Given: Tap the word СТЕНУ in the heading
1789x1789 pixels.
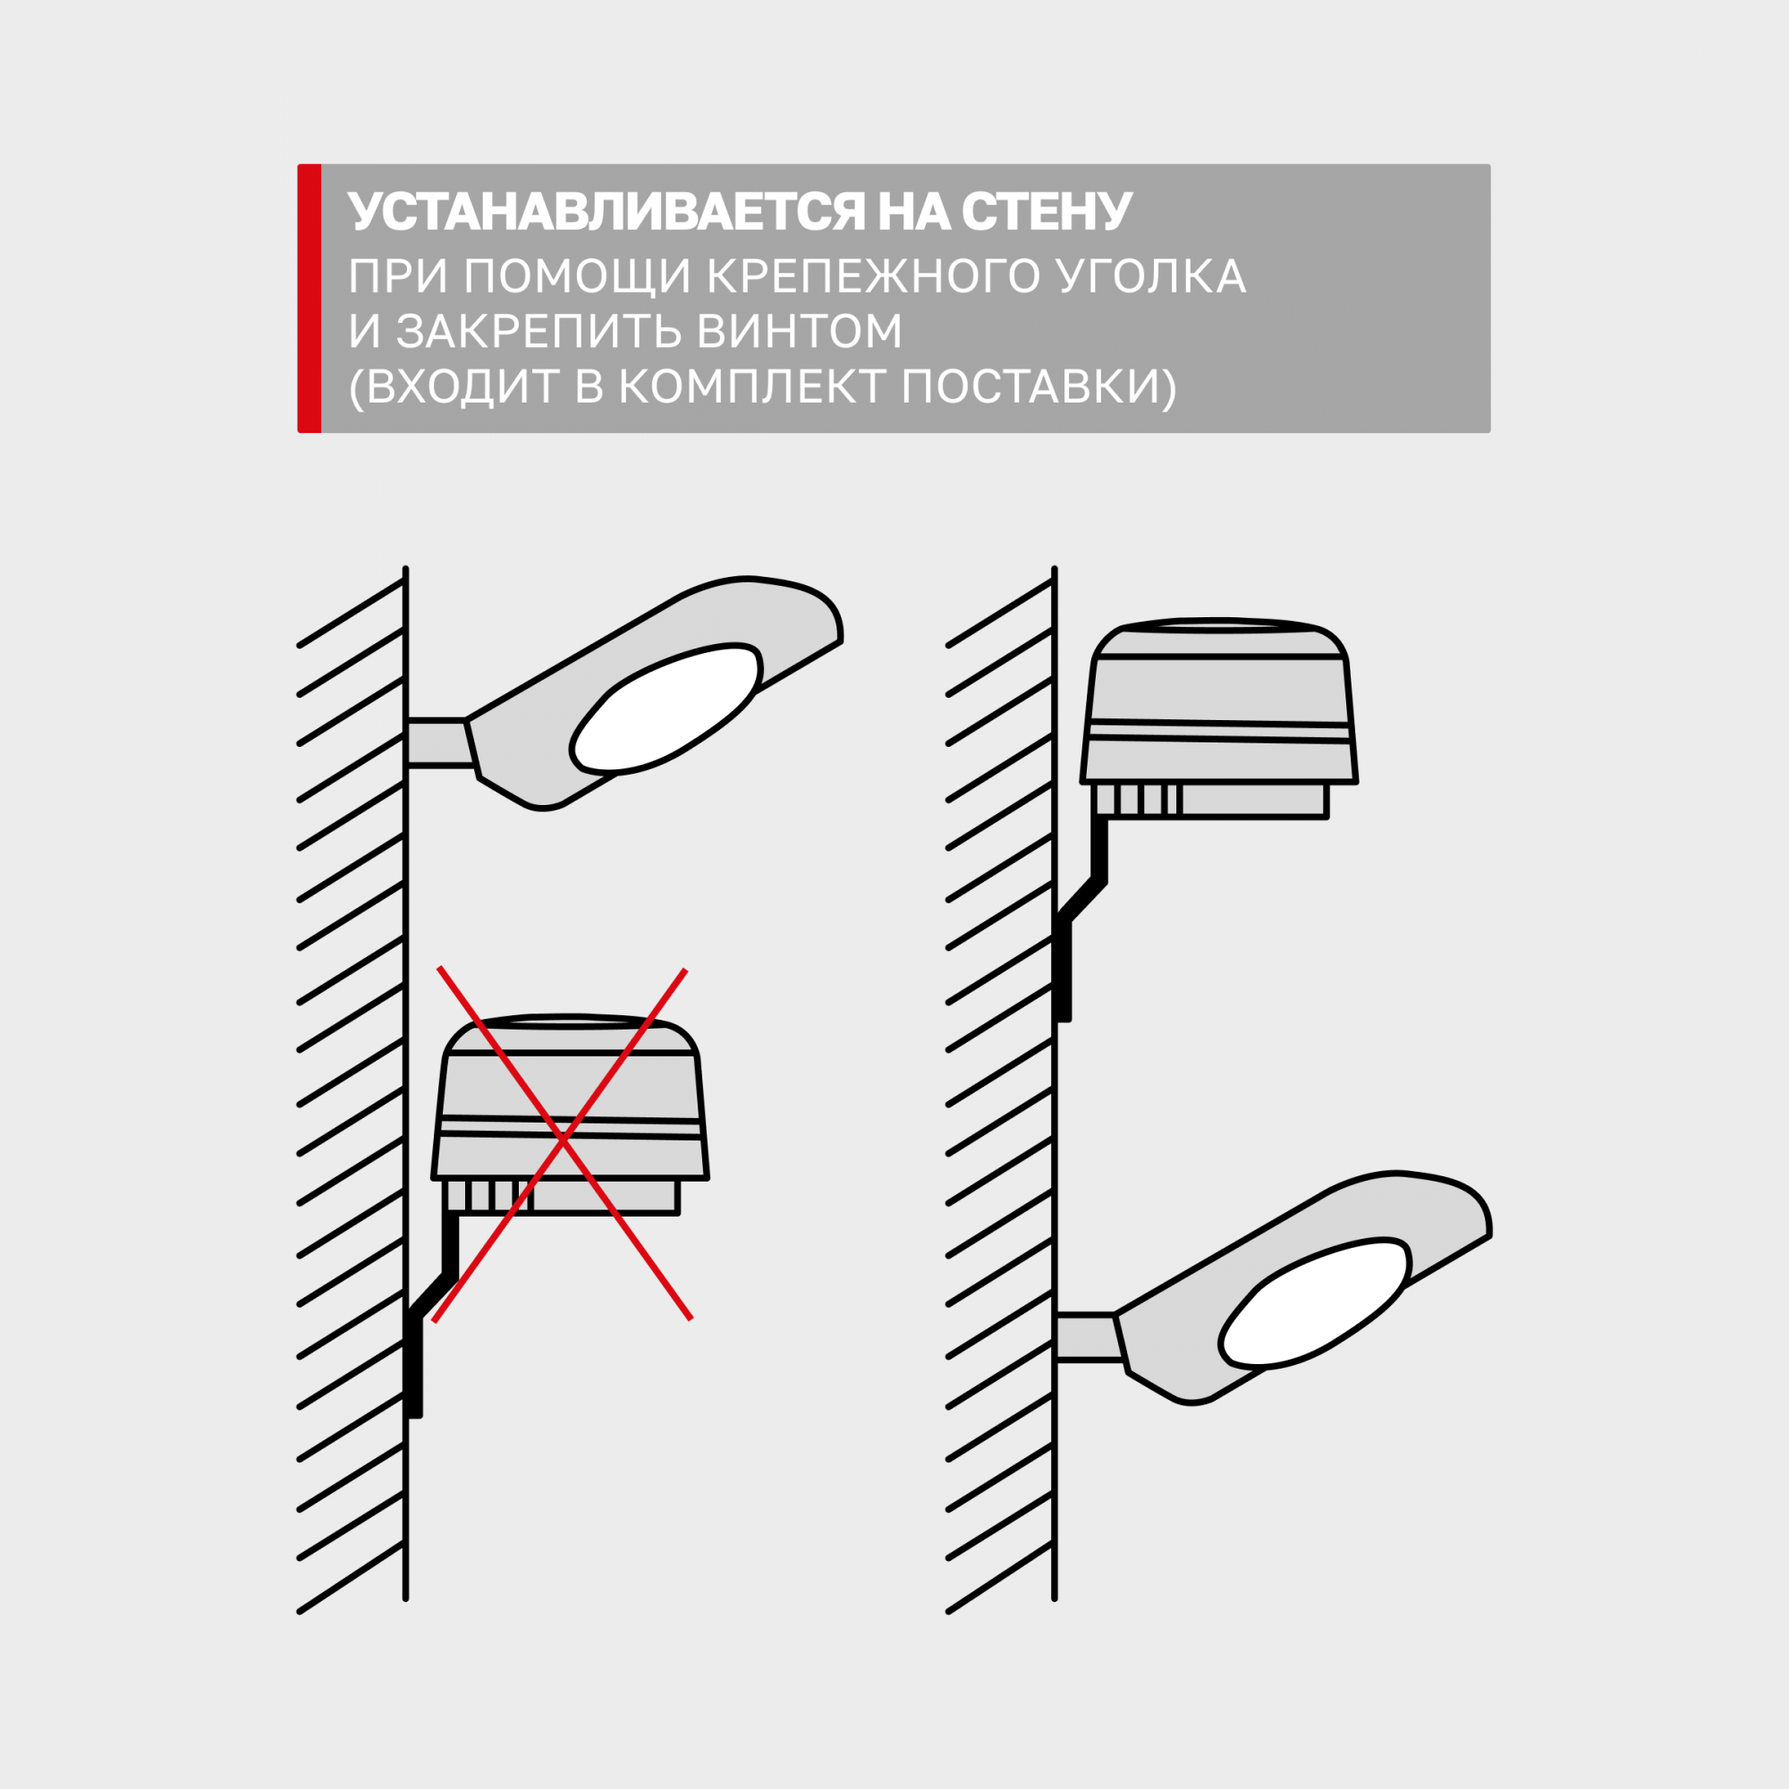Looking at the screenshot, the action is [x=1047, y=212].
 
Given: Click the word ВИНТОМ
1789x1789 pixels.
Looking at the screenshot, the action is [x=800, y=331].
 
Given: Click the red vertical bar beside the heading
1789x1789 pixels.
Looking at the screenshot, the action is [x=309, y=298].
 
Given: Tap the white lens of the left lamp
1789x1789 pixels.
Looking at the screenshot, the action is [x=666, y=708].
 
